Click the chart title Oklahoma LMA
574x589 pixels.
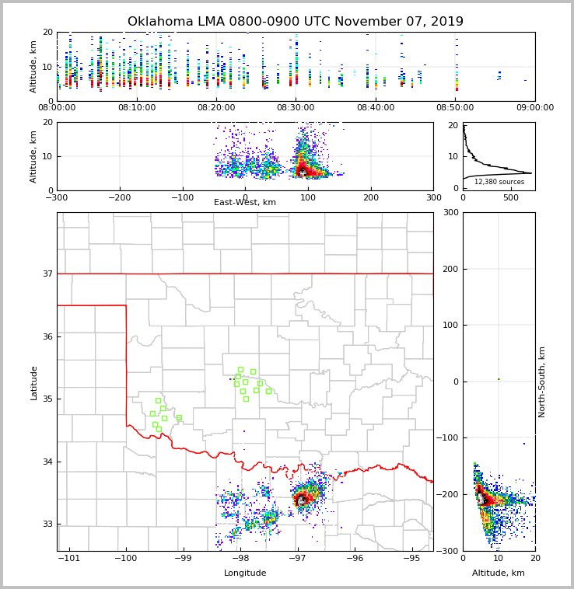295,22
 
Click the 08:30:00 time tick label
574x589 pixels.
296,108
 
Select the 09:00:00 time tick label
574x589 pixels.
535,108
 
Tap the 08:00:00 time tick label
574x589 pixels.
57,108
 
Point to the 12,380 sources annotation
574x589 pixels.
499,182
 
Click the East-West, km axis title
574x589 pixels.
245,203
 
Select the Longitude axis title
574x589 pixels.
245,573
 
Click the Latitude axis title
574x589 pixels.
34,382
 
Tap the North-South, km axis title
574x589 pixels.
542,382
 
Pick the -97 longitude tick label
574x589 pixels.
297,559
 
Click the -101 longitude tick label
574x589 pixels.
68,559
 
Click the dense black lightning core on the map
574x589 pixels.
301,499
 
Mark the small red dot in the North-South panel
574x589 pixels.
499,379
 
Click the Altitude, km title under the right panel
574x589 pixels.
499,573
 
